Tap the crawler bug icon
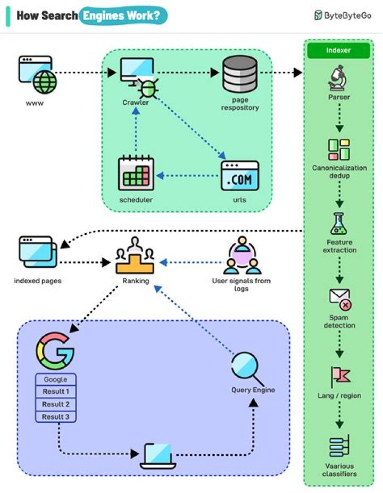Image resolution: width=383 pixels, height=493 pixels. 148,88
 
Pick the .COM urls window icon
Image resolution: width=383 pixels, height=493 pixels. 240,176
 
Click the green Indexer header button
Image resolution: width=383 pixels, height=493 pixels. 339,50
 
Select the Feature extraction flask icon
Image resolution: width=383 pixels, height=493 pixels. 339,224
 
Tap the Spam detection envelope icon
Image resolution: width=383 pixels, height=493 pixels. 340,299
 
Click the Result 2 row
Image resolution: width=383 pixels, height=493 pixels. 56,404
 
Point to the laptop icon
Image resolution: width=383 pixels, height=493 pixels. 158,456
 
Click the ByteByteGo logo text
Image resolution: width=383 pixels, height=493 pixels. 343,15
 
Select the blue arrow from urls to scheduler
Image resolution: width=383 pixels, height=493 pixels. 189,175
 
